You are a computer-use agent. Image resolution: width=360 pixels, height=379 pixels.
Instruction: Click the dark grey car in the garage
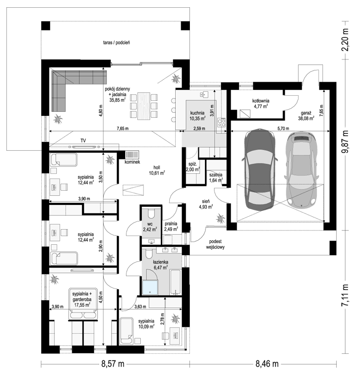tap(260, 169)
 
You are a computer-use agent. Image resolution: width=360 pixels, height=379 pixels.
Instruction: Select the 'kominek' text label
tap(133, 162)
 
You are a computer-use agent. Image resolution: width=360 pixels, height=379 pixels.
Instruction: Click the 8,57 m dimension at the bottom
tap(112, 364)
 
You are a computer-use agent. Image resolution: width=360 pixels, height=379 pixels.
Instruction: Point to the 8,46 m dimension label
tap(267, 364)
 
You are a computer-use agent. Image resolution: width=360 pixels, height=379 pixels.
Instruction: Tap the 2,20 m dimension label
tap(345, 40)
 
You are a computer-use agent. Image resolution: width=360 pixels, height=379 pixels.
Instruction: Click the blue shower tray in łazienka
tap(150, 287)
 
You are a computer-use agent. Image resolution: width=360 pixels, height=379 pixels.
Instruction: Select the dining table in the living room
tap(144, 106)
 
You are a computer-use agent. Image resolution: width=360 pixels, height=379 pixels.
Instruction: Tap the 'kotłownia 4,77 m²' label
tap(261, 104)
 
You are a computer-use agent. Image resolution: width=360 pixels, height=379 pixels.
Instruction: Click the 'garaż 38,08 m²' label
tap(306, 115)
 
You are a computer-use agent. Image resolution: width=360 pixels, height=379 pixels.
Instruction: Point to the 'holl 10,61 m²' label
tap(157, 170)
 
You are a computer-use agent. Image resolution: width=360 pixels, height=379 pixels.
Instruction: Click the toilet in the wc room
tap(152, 214)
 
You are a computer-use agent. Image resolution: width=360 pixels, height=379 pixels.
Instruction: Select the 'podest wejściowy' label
tap(216, 244)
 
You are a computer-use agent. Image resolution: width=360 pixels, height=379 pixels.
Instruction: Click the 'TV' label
tap(83, 140)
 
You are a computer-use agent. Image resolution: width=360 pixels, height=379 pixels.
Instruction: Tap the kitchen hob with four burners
tap(222, 122)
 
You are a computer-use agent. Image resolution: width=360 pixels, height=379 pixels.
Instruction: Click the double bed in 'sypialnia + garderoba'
tap(83, 304)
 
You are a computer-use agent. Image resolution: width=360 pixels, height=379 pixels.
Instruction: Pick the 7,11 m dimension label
tap(345, 295)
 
